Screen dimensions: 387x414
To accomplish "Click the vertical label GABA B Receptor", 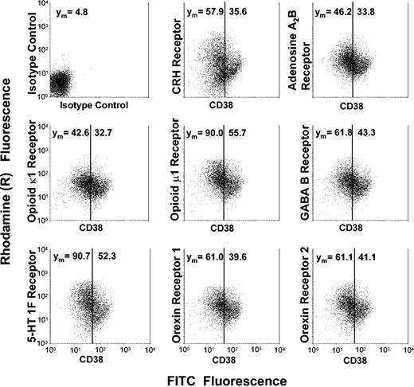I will click(x=303, y=169).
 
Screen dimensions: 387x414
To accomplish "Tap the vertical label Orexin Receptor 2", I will click(x=303, y=291).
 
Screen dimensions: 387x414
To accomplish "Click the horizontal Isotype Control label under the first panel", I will click(x=90, y=105).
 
